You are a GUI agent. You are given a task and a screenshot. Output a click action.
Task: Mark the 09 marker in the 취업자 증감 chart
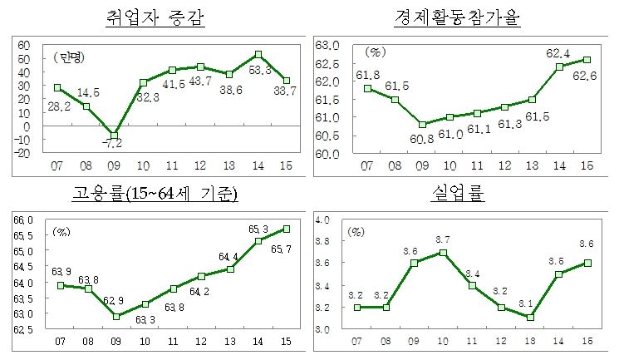115,135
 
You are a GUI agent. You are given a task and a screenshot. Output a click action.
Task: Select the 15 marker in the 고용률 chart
286,228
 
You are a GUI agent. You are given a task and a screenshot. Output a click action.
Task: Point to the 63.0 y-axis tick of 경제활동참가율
327,45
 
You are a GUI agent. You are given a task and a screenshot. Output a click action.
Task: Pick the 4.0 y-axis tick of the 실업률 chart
324,219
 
